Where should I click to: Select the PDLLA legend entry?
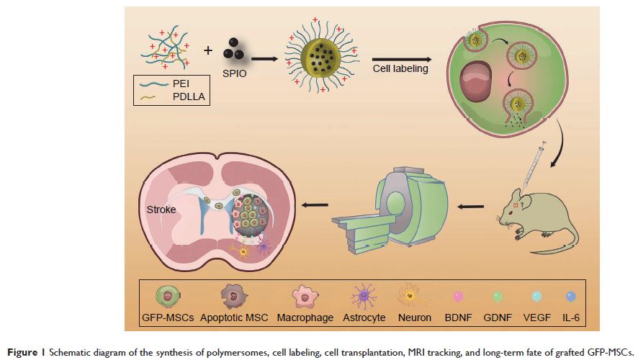click(189, 97)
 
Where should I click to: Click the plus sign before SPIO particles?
click(208, 50)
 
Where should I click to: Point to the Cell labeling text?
click(400, 68)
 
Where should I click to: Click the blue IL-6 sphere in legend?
click(571, 296)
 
